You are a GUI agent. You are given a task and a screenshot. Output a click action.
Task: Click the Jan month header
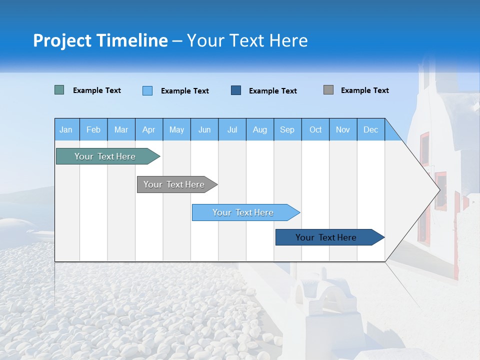[x=66, y=129]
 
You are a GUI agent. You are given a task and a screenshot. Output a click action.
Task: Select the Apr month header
[x=149, y=129]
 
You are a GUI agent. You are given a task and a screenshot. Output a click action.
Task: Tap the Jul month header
[x=232, y=129]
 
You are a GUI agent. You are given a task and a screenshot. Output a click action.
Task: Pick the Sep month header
[x=287, y=129]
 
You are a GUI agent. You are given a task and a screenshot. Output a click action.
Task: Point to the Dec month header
[x=370, y=129]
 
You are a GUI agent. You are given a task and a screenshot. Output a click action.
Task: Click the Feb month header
[x=93, y=129]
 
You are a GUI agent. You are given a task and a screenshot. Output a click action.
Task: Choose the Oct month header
[x=315, y=129]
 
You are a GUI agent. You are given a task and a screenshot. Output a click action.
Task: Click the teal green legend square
[x=59, y=90]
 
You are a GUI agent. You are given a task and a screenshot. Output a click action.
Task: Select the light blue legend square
[x=147, y=90]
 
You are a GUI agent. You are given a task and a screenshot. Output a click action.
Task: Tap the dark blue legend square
[x=236, y=90]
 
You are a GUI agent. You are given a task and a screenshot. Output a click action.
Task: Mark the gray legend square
[x=328, y=90]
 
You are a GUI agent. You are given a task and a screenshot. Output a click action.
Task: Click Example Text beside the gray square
[x=364, y=90]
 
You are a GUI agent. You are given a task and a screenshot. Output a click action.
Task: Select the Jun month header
[x=204, y=129]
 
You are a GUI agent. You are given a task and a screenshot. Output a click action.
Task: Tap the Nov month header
[x=343, y=129]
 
